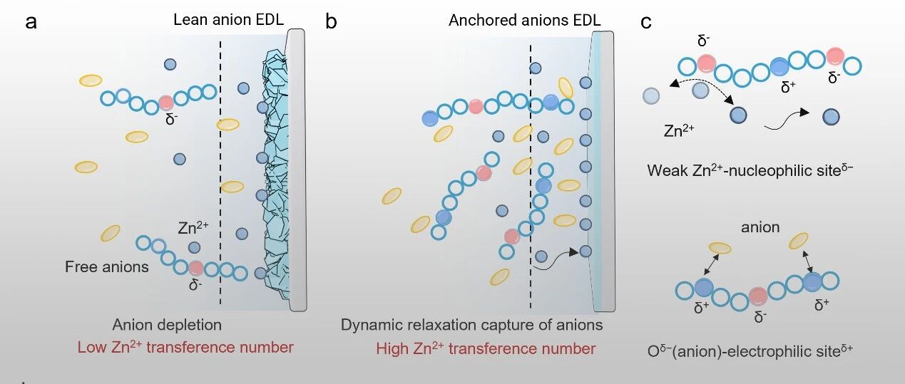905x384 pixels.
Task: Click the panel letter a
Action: click(31, 22)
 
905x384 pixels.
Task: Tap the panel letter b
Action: click(332, 22)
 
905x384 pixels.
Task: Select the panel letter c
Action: click(646, 22)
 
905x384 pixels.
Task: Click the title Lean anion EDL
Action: click(223, 19)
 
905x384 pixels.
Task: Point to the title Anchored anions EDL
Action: click(524, 19)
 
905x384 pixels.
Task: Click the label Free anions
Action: click(107, 267)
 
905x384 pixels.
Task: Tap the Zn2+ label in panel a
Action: click(193, 229)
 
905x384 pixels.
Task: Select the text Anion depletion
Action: click(167, 325)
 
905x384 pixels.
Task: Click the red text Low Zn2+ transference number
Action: click(185, 348)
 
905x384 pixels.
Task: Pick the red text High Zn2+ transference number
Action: click(486, 348)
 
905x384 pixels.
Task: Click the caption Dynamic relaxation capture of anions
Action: click(471, 325)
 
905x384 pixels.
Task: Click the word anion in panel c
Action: click(760, 228)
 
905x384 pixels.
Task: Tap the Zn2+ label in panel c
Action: click(679, 131)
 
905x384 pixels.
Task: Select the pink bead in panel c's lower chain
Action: click(758, 296)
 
